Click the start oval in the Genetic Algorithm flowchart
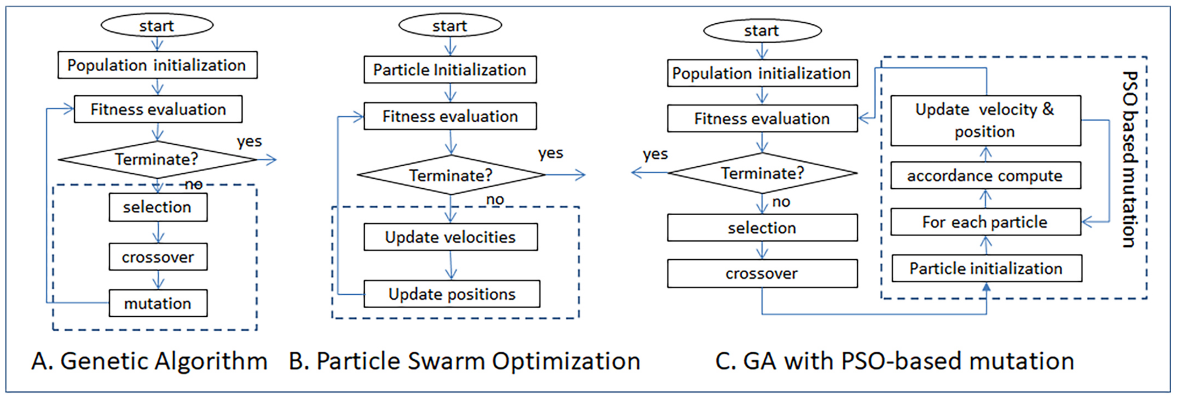[x=157, y=26]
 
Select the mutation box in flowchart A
[x=158, y=303]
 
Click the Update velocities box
[x=450, y=237]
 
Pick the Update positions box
[x=452, y=294]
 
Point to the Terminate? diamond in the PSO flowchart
[x=451, y=175]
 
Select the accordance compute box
[x=985, y=176]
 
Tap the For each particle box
[x=985, y=222]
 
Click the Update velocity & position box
[x=985, y=121]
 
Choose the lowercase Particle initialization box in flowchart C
[x=986, y=269]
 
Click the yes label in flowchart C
[x=655, y=154]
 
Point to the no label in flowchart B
[x=495, y=199]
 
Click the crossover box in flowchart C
[x=762, y=274]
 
